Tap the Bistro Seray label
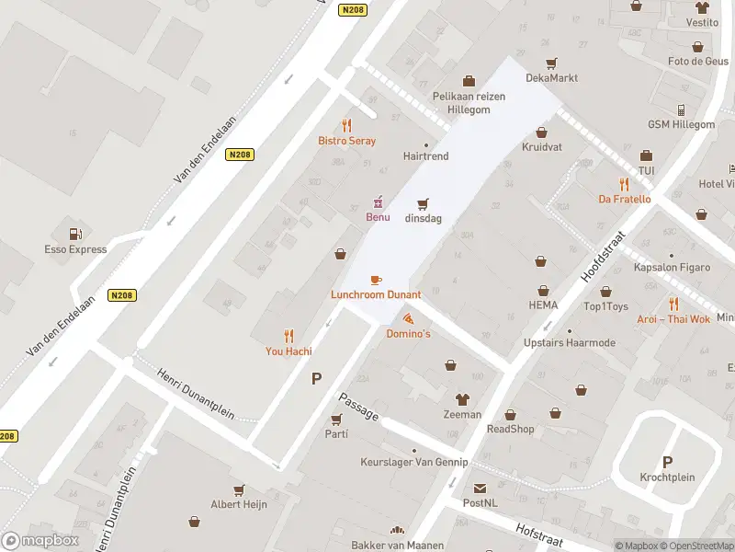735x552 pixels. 346,141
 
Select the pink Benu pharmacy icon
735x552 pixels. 378,201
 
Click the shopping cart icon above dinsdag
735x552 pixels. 424,203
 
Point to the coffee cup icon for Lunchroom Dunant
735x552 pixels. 375,280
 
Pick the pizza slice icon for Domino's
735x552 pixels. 407,318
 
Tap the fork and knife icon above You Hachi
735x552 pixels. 288,336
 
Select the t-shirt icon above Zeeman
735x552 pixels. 461,399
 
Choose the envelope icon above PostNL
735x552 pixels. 480,489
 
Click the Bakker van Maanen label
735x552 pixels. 397,546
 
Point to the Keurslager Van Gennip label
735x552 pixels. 413,462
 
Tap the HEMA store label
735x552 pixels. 543,305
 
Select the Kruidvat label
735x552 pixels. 541,147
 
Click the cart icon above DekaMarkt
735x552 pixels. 551,63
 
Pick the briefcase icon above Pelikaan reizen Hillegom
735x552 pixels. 469,81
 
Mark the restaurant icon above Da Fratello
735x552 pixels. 624,183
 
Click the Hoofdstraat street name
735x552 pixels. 603,256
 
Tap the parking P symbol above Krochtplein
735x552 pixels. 667,462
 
